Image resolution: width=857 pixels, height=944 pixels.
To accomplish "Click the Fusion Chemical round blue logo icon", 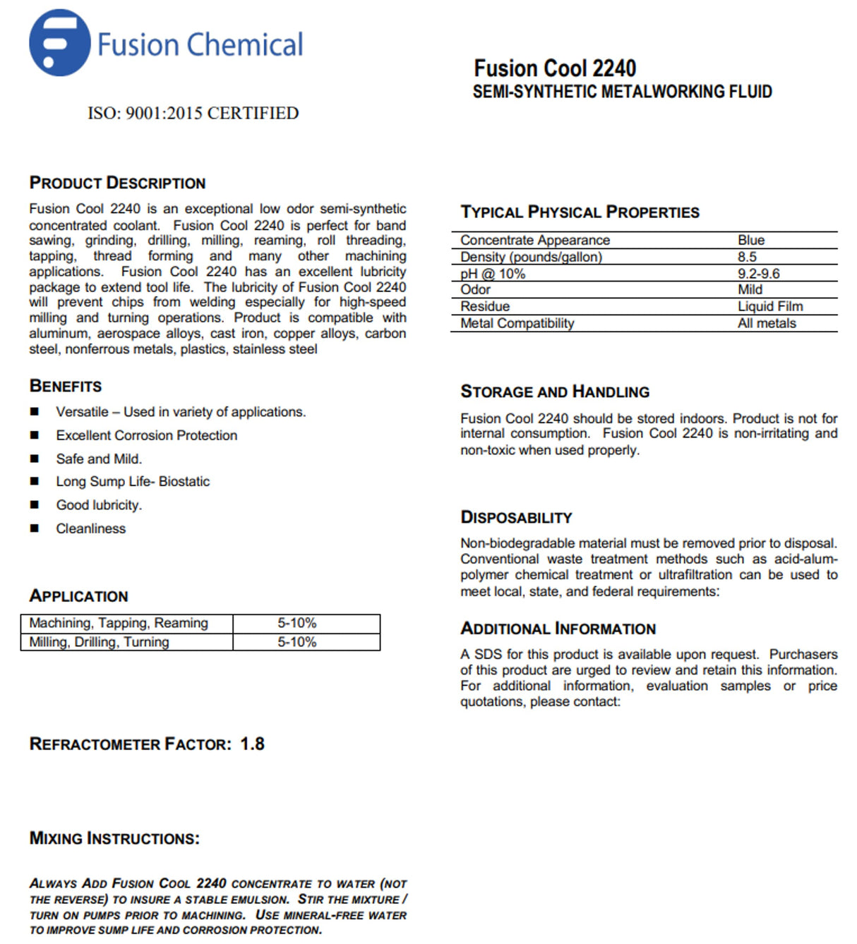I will [x=59, y=43].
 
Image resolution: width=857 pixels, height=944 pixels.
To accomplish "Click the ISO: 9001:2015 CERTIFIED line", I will [x=193, y=114].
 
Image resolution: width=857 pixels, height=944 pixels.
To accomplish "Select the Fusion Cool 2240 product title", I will [x=555, y=68].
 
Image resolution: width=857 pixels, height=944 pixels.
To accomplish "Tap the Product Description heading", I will [x=117, y=183].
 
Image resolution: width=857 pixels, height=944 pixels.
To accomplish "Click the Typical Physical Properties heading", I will [x=580, y=212].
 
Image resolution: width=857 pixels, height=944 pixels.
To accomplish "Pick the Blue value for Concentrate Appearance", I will [x=751, y=241].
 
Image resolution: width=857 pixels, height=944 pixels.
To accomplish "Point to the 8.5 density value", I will [x=747, y=258].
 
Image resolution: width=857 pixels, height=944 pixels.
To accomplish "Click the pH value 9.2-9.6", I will [x=758, y=274].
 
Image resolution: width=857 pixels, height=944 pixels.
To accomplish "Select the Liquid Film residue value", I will [x=770, y=306].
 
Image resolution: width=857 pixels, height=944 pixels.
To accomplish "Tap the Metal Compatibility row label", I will [x=517, y=323].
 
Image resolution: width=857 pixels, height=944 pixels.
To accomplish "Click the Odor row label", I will [x=476, y=290].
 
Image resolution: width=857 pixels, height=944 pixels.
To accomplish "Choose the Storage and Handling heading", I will [x=555, y=392].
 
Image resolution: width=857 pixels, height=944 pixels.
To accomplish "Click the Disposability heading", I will [x=516, y=518].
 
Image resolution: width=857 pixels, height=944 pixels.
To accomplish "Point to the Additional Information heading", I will [x=558, y=629].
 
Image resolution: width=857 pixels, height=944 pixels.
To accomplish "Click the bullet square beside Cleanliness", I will [x=35, y=528].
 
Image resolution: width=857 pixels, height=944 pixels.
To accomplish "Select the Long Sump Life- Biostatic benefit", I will [x=133, y=482].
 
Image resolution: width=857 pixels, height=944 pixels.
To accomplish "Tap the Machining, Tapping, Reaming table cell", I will [x=119, y=623].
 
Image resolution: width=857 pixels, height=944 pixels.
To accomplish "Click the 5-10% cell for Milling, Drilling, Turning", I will [x=296, y=642].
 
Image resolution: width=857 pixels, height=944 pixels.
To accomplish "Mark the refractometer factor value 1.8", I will [x=252, y=744].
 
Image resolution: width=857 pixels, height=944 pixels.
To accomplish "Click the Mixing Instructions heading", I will [x=114, y=839].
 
